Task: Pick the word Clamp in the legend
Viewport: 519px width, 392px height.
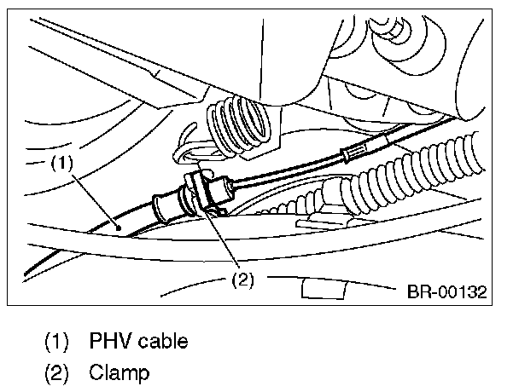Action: pos(118,372)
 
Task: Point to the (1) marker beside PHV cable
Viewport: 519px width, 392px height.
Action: pos(58,342)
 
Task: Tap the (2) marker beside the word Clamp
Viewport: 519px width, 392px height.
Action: pos(58,372)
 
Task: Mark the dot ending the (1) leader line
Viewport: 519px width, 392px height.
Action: pos(117,228)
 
